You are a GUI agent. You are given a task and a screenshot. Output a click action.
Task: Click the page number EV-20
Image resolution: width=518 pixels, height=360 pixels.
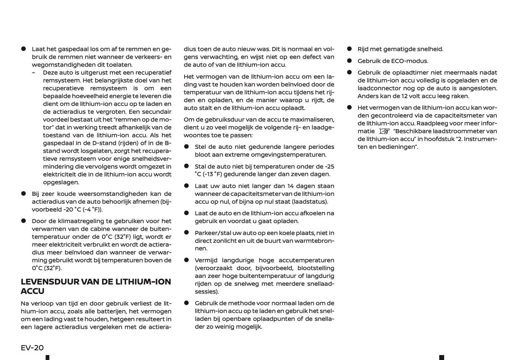32,347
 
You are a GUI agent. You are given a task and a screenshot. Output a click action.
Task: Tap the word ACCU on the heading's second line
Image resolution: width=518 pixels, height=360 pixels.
33,291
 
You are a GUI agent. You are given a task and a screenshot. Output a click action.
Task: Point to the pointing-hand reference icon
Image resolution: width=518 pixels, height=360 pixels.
384,132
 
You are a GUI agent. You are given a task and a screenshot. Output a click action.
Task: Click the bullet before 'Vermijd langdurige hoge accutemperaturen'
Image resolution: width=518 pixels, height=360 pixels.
186,260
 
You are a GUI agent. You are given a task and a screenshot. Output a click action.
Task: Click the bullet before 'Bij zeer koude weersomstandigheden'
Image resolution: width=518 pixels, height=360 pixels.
24,194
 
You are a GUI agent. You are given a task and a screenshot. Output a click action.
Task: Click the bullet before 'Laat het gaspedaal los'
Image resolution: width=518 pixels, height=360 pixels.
24,49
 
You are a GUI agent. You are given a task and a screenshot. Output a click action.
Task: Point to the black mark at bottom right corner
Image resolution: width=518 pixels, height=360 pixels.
442,357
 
